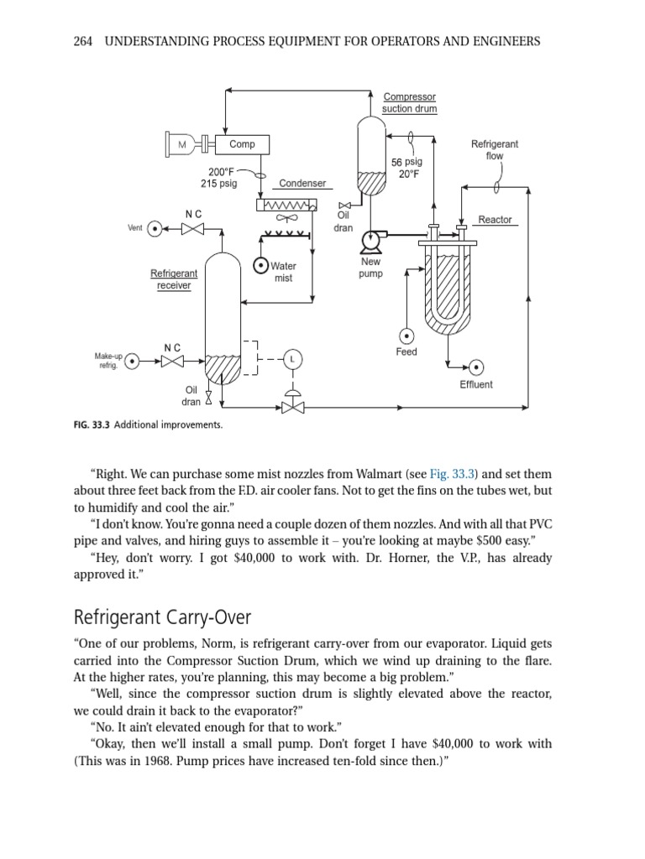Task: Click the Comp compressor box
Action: (x=242, y=144)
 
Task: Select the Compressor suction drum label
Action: (x=409, y=103)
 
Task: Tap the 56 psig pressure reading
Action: (x=407, y=162)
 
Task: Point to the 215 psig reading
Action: (x=218, y=183)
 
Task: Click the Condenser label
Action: (x=302, y=183)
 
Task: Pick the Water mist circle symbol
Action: (x=261, y=266)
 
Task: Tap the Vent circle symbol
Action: (x=155, y=228)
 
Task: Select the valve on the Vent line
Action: (x=193, y=228)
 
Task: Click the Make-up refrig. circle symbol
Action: (x=133, y=362)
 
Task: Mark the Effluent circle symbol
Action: (x=476, y=367)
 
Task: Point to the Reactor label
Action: (x=495, y=220)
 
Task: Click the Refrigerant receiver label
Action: (x=174, y=279)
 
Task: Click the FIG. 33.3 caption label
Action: (x=92, y=424)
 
